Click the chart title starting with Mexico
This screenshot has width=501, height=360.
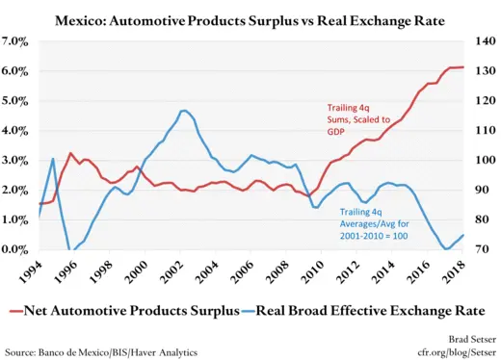coord(250,19)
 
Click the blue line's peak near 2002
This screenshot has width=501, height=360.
coord(184,111)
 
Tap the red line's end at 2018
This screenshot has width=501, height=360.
coord(463,67)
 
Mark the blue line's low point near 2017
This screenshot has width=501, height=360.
coord(446,249)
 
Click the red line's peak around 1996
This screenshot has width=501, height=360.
coord(70,152)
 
